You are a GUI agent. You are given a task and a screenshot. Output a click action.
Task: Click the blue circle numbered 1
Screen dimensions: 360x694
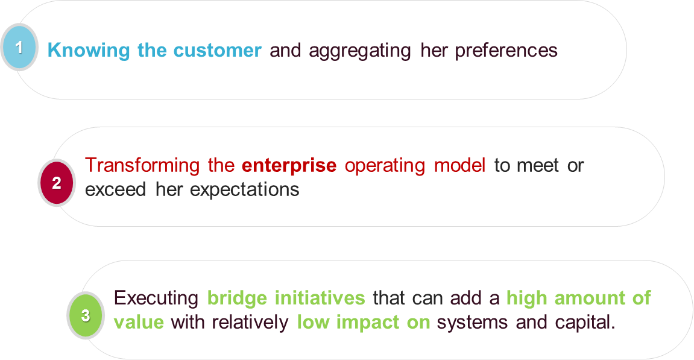19,47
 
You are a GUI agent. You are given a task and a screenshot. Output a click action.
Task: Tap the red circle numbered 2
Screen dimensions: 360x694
57,183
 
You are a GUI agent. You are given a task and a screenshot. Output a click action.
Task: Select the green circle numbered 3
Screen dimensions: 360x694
86,315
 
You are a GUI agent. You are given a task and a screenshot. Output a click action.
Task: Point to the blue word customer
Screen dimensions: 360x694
218,50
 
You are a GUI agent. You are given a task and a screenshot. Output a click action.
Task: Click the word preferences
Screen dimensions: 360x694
506,51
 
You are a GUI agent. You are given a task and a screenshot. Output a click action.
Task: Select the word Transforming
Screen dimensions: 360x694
143,165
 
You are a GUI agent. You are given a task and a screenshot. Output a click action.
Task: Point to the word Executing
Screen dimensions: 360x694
156,298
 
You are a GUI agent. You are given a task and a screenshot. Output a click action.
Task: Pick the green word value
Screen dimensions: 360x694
138,322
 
